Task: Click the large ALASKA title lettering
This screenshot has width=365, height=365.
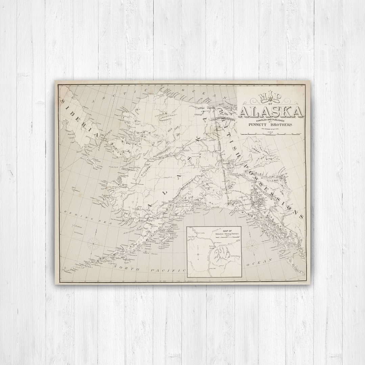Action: (x=270, y=111)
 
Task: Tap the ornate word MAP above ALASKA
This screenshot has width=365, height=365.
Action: (x=270, y=98)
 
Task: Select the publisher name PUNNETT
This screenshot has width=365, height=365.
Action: (x=259, y=124)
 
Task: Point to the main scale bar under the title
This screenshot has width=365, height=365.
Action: (x=270, y=134)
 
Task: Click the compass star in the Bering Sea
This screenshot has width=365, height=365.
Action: (x=93, y=242)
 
